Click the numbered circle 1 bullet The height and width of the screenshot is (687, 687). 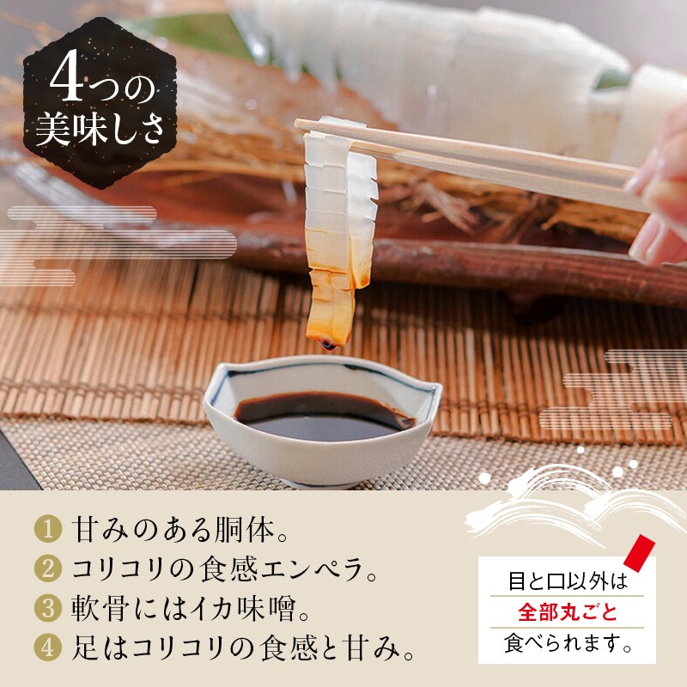click(x=48, y=529)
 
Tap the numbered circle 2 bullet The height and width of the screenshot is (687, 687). click(x=48, y=568)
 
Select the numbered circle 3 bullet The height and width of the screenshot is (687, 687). click(x=48, y=608)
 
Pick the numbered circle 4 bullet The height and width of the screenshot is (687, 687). click(x=48, y=647)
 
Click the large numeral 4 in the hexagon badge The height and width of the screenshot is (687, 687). click(x=67, y=76)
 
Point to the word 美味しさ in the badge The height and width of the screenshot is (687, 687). click(x=100, y=130)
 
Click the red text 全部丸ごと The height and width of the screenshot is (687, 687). click(x=568, y=611)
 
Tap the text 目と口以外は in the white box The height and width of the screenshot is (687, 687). click(x=568, y=581)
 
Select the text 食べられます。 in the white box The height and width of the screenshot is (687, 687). click(x=568, y=643)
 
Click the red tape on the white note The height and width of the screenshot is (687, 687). click(x=639, y=550)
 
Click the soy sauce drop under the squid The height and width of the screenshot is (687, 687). click(x=329, y=346)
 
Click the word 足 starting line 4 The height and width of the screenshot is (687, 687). click(x=85, y=647)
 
